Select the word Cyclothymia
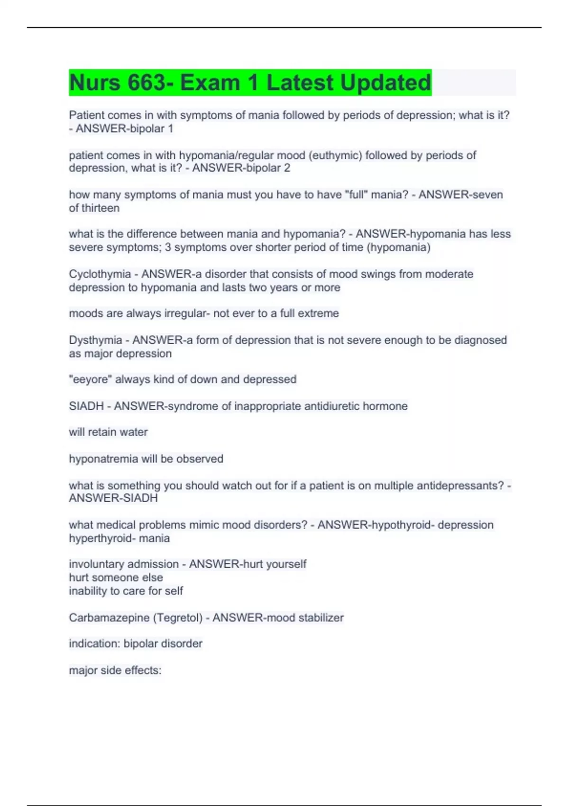100,274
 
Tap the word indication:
94,643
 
